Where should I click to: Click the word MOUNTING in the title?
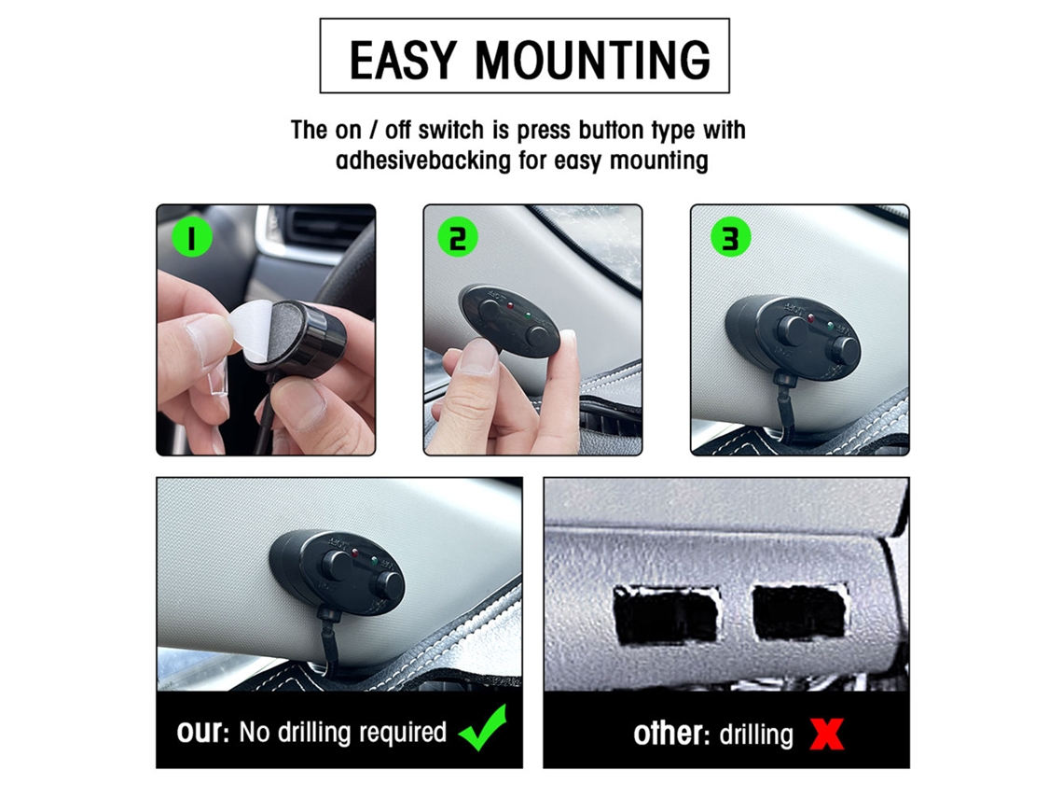[x=592, y=60]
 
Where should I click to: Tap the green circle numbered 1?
[x=191, y=237]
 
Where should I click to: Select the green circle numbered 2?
[x=458, y=237]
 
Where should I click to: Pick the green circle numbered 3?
[x=730, y=237]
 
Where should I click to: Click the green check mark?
[x=483, y=727]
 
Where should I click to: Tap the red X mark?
[x=826, y=735]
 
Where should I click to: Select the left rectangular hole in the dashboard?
[x=666, y=614]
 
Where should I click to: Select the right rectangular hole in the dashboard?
[x=800, y=612]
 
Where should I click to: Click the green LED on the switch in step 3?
[x=830, y=326]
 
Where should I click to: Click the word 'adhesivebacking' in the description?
[x=423, y=161]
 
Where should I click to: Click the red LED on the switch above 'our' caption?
[x=354, y=553]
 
